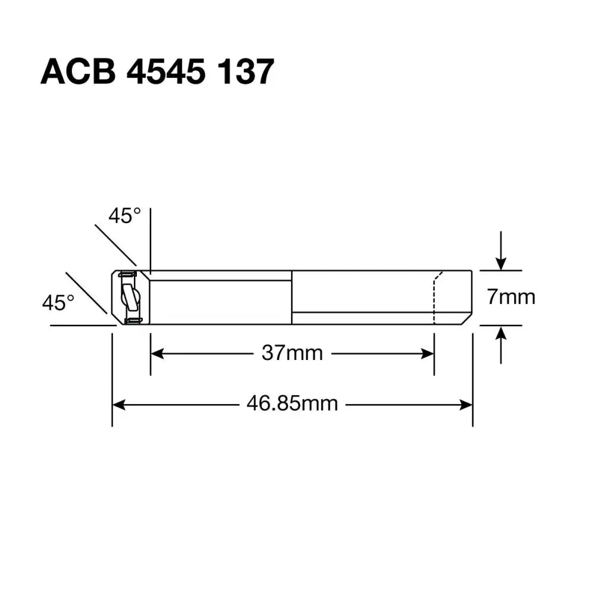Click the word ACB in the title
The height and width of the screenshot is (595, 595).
pyautogui.click(x=77, y=73)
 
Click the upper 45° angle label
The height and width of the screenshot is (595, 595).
pyautogui.click(x=124, y=216)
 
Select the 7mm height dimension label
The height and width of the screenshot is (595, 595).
pyautogui.click(x=511, y=296)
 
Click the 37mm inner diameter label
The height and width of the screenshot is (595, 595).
pyautogui.click(x=292, y=353)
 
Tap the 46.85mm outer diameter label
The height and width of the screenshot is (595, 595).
pyautogui.click(x=292, y=404)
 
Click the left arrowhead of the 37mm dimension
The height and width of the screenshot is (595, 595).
pyautogui.click(x=156, y=353)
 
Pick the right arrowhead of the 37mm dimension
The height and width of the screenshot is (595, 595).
pyautogui.click(x=428, y=353)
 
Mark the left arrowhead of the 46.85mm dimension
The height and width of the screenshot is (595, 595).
pyautogui.click(x=118, y=405)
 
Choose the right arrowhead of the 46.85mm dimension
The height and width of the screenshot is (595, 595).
pyautogui.click(x=467, y=405)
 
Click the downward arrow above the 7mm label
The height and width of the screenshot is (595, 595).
pyautogui.click(x=501, y=262)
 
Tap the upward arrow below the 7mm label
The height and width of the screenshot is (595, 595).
pyautogui.click(x=501, y=333)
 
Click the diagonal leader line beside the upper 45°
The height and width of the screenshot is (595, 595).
pyautogui.click(x=115, y=245)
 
